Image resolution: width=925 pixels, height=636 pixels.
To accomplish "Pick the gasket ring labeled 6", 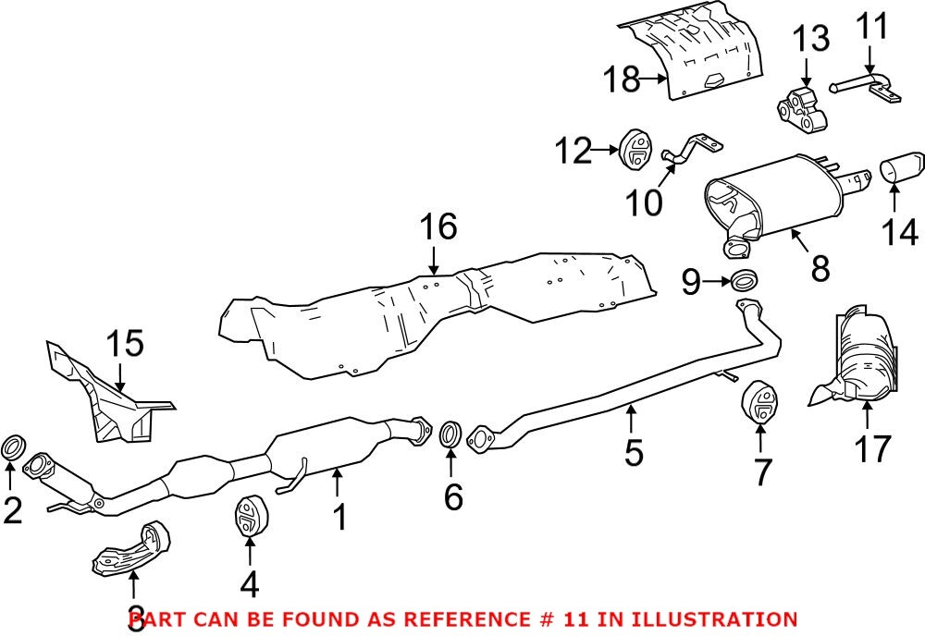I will pos(450,434).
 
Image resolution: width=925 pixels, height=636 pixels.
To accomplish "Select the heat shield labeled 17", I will pos(860,361).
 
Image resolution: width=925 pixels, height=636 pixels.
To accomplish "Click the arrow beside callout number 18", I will pos(659,80).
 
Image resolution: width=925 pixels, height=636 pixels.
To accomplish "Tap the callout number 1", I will pos(340,516).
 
